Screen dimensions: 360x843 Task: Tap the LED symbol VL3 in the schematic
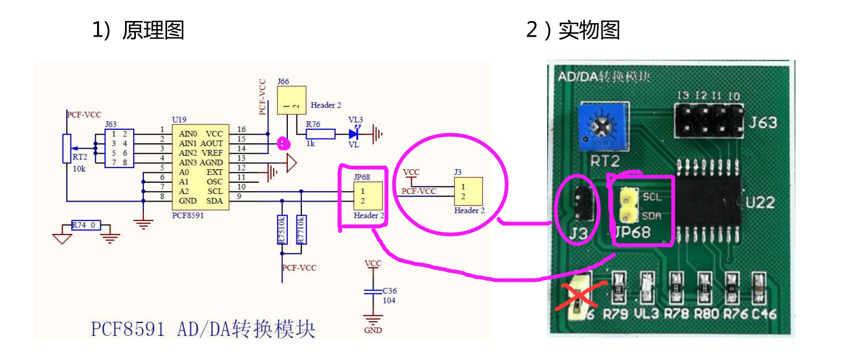[x=354, y=134]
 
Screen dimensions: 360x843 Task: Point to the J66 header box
[x=291, y=100]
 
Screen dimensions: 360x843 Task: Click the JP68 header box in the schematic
[x=368, y=196]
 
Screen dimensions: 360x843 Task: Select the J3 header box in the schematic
[x=468, y=191]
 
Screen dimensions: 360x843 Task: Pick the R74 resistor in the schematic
[x=86, y=225]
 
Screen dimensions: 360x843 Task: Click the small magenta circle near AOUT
[x=282, y=143]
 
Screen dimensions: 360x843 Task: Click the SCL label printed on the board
[x=652, y=197]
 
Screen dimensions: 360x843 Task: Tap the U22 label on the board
[x=760, y=203]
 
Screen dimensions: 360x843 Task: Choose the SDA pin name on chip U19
[x=215, y=201]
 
